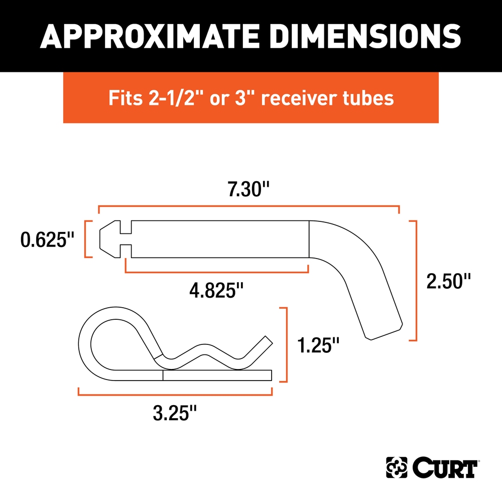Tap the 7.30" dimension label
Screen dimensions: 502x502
249,191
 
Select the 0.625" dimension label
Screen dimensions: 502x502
44,239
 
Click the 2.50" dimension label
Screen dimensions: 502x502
448,281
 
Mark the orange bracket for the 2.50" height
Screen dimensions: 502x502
415,281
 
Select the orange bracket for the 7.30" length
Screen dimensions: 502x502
248,206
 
